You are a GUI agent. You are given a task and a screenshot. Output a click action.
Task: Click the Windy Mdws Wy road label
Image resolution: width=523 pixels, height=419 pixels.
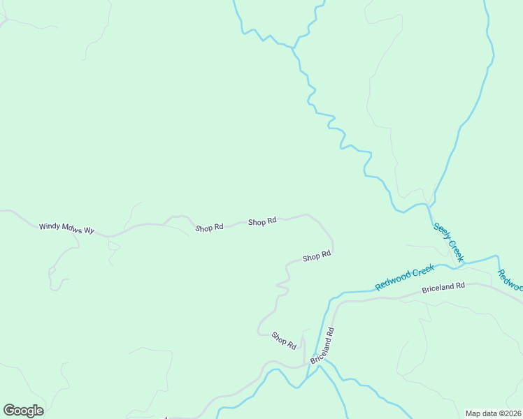(66, 227)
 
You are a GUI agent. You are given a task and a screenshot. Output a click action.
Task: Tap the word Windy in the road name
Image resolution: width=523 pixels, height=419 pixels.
(50, 226)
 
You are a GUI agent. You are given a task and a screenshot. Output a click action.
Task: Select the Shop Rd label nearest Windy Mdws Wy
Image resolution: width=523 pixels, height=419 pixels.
(209, 228)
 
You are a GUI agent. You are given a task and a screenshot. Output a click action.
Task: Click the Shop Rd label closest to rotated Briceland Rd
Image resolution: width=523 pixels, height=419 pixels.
(285, 340)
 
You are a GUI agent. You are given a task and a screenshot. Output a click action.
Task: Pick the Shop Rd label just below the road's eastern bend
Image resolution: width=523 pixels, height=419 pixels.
(316, 257)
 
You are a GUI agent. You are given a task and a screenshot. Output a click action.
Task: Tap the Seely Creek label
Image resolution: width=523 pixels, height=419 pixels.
(448, 242)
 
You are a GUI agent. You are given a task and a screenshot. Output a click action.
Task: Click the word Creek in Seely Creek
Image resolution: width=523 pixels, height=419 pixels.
(455, 251)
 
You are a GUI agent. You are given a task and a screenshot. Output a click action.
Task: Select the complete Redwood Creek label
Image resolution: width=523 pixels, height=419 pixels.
(404, 277)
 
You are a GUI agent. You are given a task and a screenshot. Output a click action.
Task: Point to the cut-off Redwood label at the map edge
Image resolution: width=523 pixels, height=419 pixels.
(510, 280)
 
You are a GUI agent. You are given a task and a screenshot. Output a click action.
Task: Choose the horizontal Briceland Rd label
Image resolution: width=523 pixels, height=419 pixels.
(443, 286)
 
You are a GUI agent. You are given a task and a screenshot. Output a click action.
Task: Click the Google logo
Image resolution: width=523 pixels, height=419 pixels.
(23, 411)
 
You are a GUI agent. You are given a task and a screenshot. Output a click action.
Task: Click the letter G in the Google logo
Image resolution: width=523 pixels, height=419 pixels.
(9, 411)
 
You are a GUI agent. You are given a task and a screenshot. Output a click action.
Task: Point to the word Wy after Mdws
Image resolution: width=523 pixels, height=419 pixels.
(89, 228)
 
